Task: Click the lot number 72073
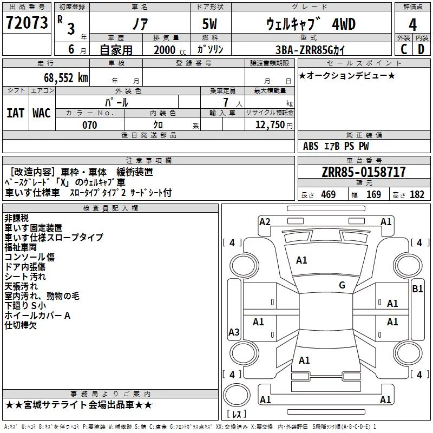(27, 23)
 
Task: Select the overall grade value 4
(412, 24)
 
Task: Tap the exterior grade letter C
(404, 49)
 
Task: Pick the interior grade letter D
(421, 49)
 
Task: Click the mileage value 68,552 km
(66, 78)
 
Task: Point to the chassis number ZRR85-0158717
(364, 172)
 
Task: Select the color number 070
(90, 125)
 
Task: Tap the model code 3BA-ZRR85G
(305, 50)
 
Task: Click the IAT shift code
(15, 113)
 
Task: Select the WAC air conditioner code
(42, 113)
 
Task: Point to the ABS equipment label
(311, 146)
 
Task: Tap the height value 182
(417, 194)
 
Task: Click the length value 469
(329, 194)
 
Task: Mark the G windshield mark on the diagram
(342, 285)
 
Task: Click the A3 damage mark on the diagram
(234, 332)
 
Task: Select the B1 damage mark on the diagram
(417, 289)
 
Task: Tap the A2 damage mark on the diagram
(265, 222)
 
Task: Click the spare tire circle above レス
(237, 395)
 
